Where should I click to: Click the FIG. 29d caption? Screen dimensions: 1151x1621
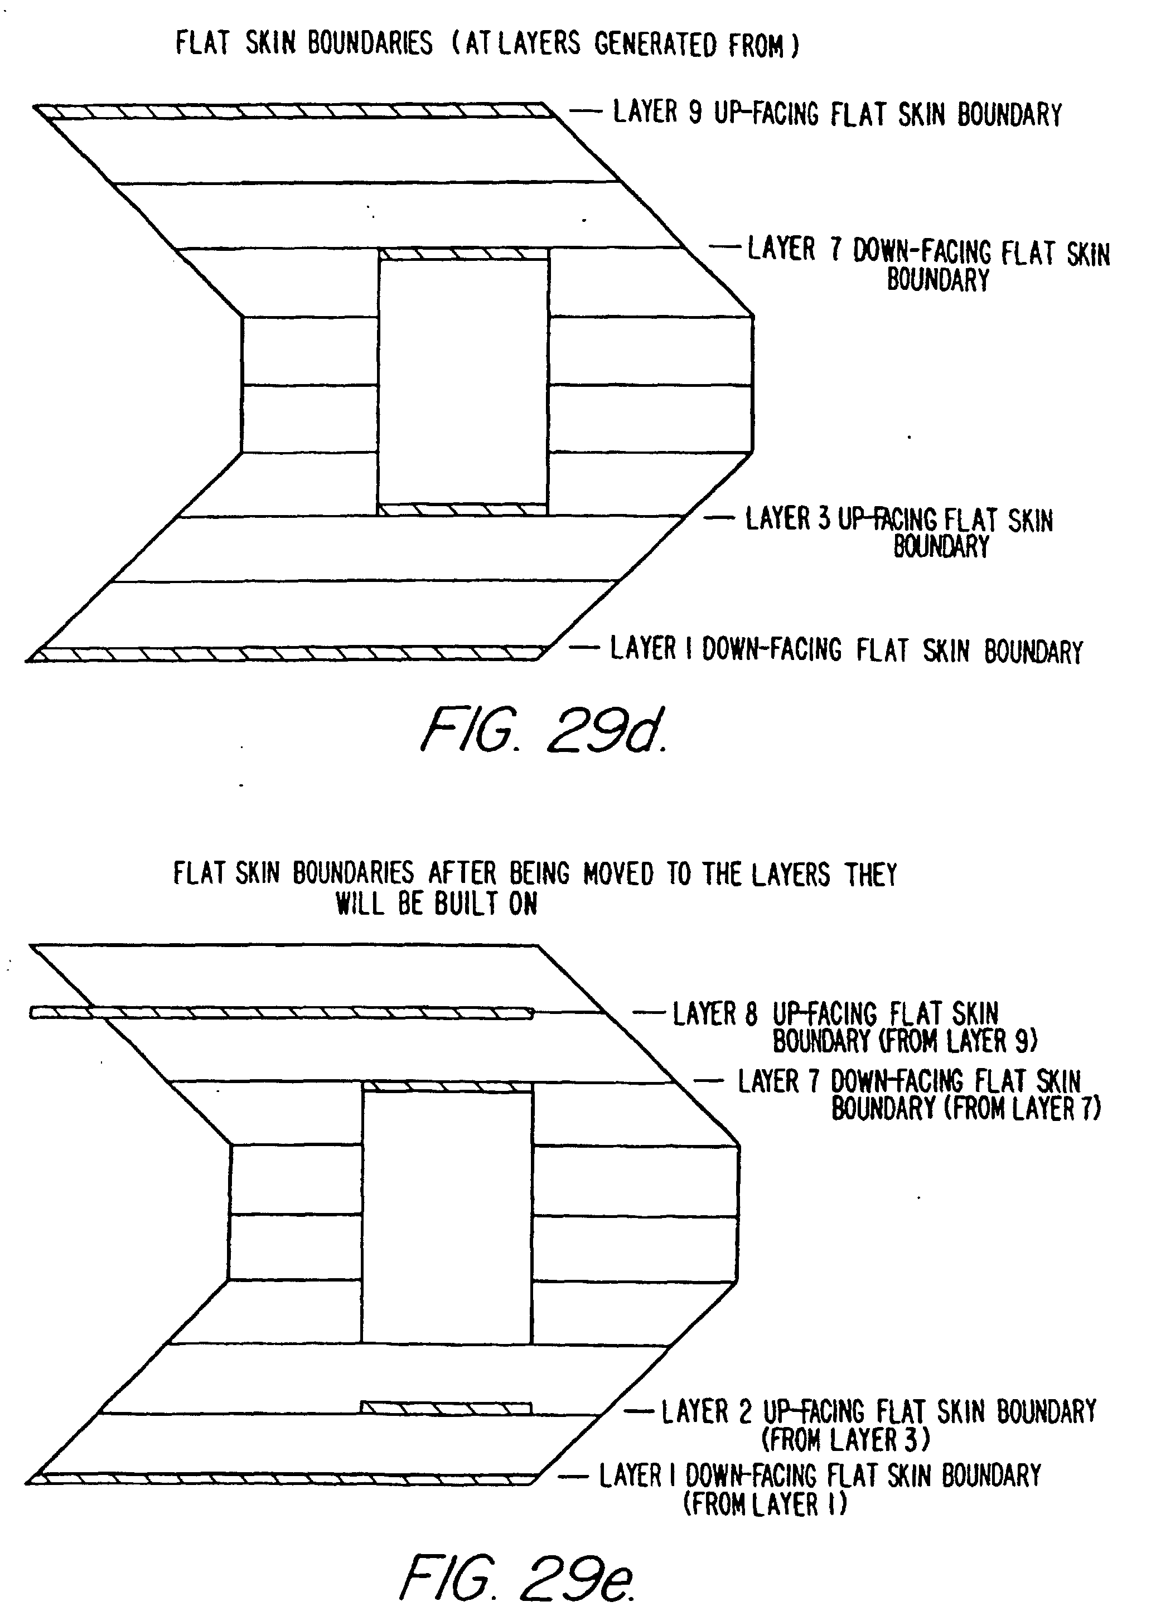[544, 730]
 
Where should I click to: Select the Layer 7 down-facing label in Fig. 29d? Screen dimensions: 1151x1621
[928, 264]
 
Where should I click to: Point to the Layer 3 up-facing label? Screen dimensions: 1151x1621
[899, 531]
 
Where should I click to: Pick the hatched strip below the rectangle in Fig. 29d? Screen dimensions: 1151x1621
[462, 509]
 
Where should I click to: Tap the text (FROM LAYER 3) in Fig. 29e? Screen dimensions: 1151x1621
[845, 1440]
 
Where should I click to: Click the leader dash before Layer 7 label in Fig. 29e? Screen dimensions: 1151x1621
[708, 1081]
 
